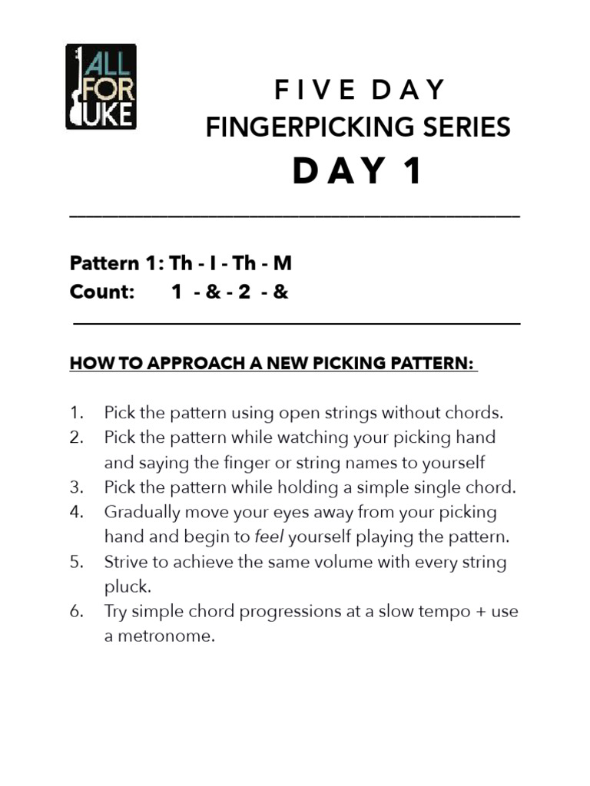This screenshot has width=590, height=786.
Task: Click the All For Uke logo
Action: pyautogui.click(x=101, y=87)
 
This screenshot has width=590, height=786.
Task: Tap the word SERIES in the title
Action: pyautogui.click(x=469, y=127)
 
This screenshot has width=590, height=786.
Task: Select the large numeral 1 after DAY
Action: pyautogui.click(x=413, y=171)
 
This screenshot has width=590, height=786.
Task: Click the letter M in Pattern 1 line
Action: pyautogui.click(x=283, y=263)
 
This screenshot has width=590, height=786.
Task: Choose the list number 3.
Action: pyautogui.click(x=76, y=487)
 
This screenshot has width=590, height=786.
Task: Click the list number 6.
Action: pyautogui.click(x=76, y=612)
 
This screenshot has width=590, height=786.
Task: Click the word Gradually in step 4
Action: pyautogui.click(x=141, y=512)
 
